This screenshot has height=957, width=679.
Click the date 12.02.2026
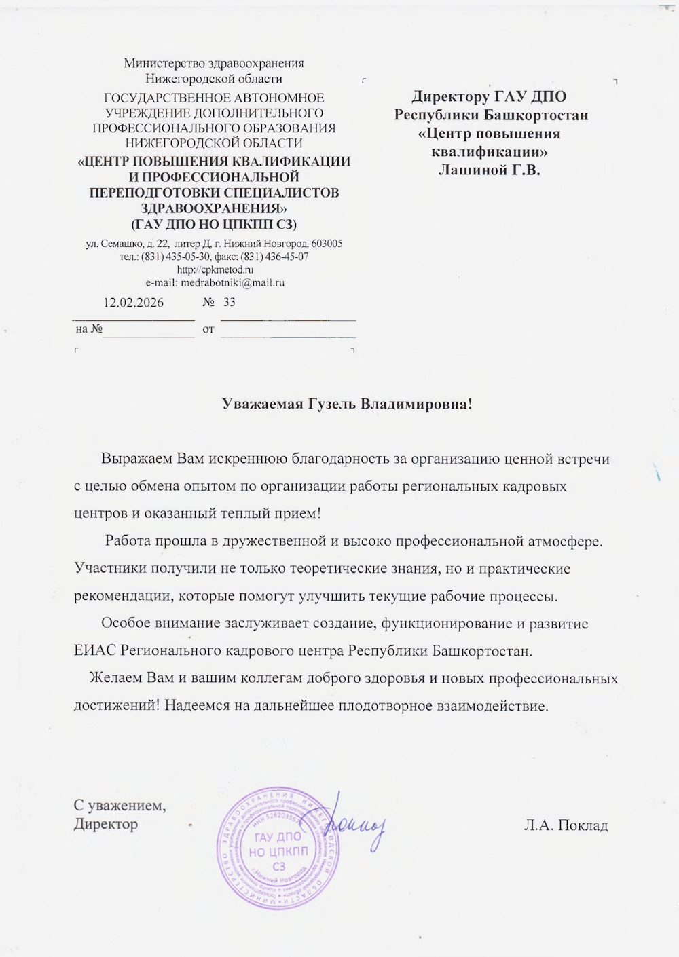(133, 303)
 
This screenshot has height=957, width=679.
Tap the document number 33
(229, 302)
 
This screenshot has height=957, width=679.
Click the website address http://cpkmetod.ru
(214, 269)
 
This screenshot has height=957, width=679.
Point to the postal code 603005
(327, 244)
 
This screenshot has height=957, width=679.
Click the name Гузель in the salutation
(328, 405)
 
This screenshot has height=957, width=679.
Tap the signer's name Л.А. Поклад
(566, 825)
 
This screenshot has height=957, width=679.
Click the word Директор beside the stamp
(105, 825)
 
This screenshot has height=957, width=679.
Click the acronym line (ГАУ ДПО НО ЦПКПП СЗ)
(213, 223)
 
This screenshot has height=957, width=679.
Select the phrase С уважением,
(120, 806)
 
